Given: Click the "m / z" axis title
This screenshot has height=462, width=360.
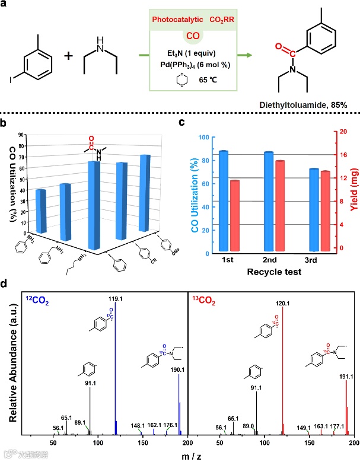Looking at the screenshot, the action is (x=188, y=453).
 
